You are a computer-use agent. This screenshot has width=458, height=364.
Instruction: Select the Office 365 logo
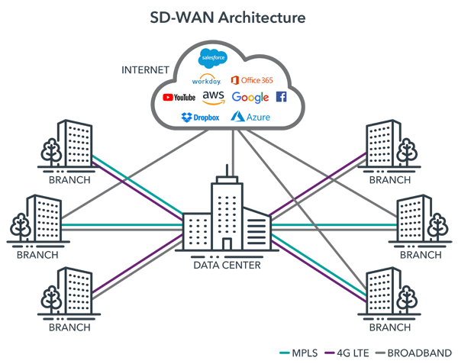(x=252, y=79)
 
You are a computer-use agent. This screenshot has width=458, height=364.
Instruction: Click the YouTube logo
(x=179, y=98)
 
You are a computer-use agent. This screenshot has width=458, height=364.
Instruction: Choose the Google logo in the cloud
(x=250, y=98)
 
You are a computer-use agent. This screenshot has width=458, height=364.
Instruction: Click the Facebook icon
(x=281, y=97)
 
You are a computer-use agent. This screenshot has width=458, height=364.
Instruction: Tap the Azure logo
(x=252, y=118)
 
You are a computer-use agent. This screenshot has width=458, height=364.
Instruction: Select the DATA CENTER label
(x=227, y=265)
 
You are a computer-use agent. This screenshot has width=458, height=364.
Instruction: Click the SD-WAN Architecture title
(x=228, y=16)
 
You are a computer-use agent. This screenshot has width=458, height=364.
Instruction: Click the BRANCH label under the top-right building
(x=389, y=181)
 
